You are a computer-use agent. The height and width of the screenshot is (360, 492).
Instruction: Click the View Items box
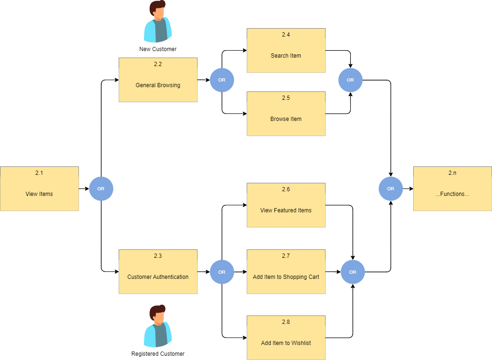click(39, 189)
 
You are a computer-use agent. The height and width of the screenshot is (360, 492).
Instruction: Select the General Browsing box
click(158, 80)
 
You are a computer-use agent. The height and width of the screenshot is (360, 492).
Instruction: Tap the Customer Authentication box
click(158, 272)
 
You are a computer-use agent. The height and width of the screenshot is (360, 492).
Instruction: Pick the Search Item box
click(286, 51)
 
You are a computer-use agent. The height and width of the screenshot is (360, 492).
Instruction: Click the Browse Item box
click(286, 114)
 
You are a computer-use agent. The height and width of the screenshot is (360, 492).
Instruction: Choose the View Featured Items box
click(286, 205)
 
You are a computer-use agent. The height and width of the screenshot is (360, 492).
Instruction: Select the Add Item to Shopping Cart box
click(286, 272)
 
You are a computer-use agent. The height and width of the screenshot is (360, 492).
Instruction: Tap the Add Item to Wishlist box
click(286, 338)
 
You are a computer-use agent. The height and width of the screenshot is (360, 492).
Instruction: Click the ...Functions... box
click(452, 189)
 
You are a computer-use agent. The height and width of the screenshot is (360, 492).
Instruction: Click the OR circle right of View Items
click(101, 189)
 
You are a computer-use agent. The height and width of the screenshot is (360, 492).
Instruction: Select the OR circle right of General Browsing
click(222, 80)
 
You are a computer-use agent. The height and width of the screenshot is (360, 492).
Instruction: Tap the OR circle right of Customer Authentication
click(222, 272)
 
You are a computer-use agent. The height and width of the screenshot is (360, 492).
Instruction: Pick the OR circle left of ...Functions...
click(391, 189)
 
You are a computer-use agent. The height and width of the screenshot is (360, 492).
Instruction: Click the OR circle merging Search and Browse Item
click(350, 80)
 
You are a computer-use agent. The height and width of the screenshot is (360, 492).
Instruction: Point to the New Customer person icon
click(158, 22)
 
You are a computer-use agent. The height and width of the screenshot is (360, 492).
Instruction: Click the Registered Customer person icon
click(158, 326)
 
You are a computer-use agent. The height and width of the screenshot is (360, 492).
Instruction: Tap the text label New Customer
click(158, 49)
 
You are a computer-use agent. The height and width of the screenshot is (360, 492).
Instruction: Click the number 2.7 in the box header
click(286, 256)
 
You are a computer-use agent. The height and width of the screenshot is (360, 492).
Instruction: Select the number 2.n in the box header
click(452, 173)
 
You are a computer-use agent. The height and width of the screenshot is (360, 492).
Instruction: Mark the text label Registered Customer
click(158, 354)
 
